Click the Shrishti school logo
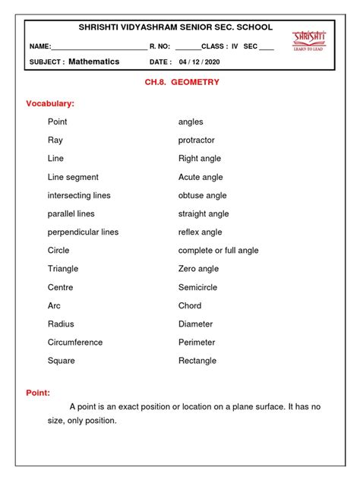(x=309, y=40)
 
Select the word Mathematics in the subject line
(x=94, y=62)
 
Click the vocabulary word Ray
(x=55, y=141)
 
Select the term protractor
(x=197, y=141)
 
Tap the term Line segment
(x=73, y=177)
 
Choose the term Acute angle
(x=201, y=177)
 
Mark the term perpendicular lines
(x=83, y=232)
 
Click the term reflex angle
(x=201, y=232)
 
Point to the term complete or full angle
(x=218, y=251)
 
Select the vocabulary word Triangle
(x=63, y=269)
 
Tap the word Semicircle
(x=200, y=287)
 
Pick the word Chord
(x=190, y=305)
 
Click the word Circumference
(x=75, y=343)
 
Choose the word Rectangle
(x=197, y=361)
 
